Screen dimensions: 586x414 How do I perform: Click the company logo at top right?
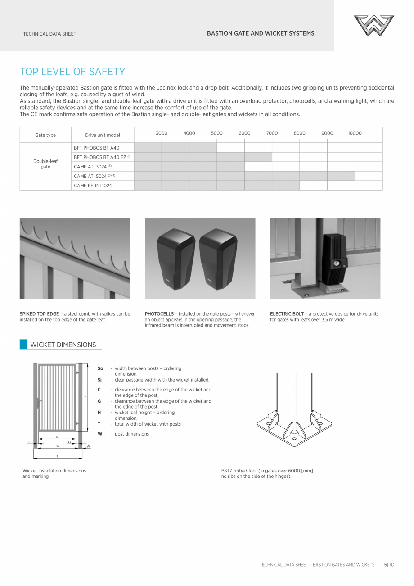[373, 25]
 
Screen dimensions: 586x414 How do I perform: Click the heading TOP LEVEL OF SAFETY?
[72, 72]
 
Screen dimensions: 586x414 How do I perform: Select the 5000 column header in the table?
[217, 133]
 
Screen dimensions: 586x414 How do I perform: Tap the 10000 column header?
[355, 133]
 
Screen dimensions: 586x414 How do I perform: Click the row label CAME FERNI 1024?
[93, 186]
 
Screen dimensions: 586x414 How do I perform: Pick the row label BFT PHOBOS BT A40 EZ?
[100, 157]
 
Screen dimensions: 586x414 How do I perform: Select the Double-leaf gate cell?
[45, 164]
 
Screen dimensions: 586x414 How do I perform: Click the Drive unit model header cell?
[103, 135]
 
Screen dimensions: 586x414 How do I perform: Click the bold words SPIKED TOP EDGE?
[39, 314]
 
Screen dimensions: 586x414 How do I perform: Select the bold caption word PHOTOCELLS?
[159, 314]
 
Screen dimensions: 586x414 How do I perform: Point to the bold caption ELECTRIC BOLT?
[287, 314]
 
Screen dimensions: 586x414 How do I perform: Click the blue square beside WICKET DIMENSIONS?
[23, 345]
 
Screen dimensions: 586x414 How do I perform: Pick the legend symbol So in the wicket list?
[100, 368]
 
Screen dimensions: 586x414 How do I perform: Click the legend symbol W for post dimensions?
[100, 434]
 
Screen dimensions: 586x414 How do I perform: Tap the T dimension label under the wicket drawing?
[57, 456]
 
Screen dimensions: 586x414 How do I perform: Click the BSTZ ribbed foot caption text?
[267, 473]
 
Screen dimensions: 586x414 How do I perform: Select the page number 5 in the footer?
[385, 564]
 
